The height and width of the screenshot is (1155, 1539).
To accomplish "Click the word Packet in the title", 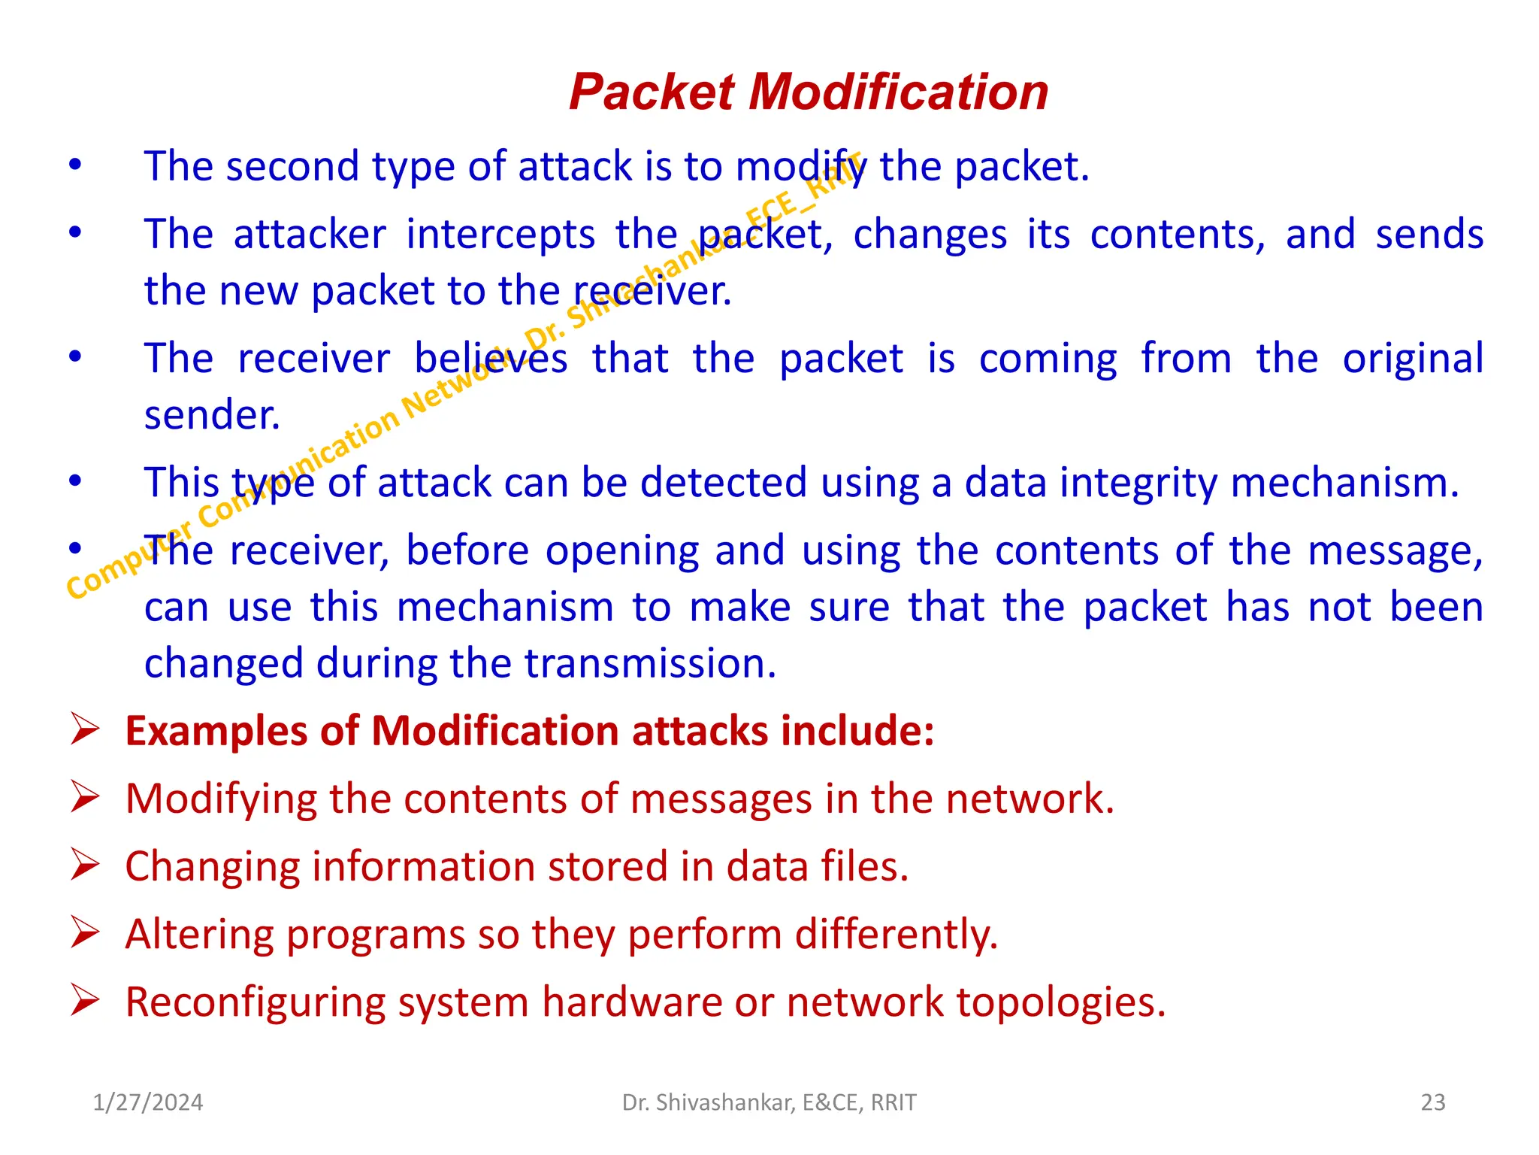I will pos(651,92).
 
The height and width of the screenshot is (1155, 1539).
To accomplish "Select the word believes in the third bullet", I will pos(491,359).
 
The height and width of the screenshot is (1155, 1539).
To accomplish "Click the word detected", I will pos(723,483).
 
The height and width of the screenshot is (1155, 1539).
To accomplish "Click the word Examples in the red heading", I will pos(216,731).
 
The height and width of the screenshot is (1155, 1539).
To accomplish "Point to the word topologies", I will pos(1061,1002).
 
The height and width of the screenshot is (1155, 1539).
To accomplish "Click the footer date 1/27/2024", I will pos(148,1102).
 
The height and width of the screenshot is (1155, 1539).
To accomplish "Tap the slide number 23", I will pos(1433,1102).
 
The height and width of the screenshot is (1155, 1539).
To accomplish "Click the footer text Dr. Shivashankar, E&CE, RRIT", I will pos(769,1102).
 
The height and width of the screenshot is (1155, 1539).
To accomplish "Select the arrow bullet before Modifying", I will pos(85,798).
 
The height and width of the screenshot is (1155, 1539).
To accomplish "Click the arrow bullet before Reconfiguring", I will pos(85,1001).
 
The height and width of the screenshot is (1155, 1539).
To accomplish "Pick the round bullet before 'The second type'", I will pos(75,165).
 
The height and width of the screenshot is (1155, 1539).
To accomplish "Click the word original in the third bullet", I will pos(1413,359).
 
